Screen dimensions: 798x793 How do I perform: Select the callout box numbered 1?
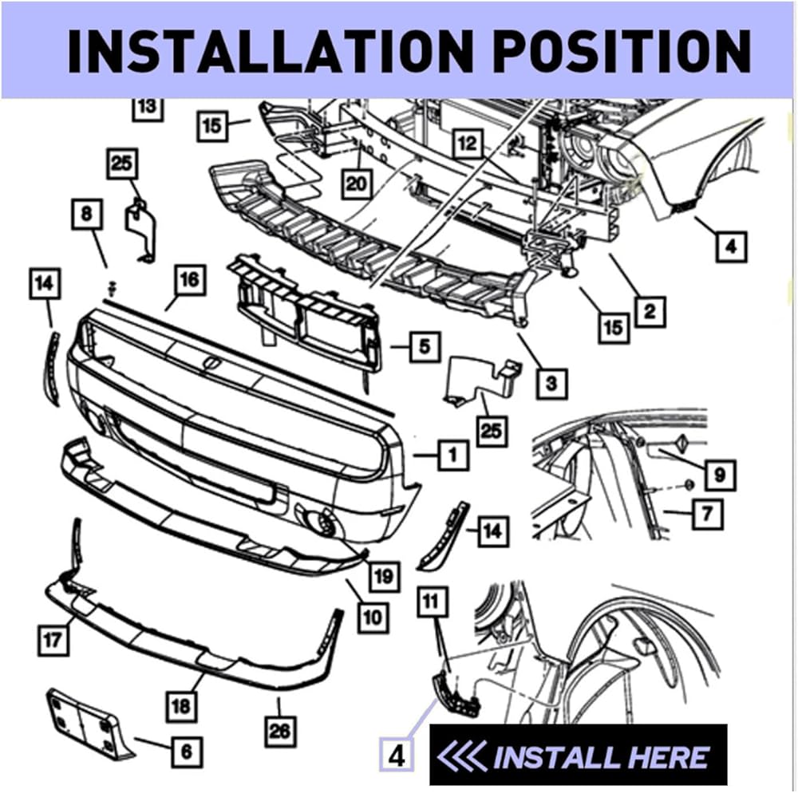coord(452,456)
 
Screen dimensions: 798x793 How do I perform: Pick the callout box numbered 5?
coord(424,347)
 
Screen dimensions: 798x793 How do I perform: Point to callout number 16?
coord(188,280)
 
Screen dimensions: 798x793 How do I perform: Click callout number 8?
coord(86,214)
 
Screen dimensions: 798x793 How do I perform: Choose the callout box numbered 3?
coord(551,384)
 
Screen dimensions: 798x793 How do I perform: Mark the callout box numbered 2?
coord(650,310)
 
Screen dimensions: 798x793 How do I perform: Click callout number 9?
coord(720,475)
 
